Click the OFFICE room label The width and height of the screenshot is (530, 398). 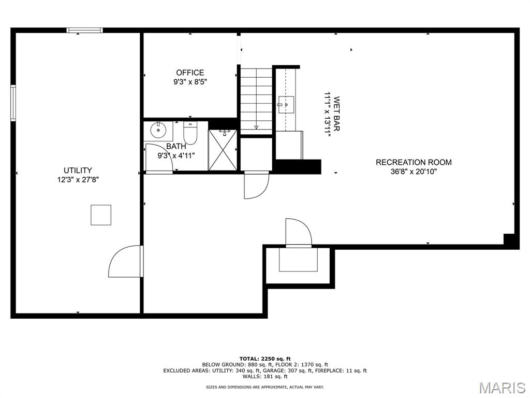click(190, 73)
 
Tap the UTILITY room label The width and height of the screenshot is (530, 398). click(78, 170)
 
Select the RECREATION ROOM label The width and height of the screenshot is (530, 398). click(414, 162)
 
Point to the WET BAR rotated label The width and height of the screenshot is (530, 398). click(336, 114)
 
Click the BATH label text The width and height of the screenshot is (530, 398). click(176, 146)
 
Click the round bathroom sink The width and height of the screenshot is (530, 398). click(158, 131)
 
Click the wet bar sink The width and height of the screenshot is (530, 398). click(286, 105)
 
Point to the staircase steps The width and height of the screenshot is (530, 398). click(256, 101)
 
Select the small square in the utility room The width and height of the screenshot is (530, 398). click(101, 215)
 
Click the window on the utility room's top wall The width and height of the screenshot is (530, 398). click(84, 30)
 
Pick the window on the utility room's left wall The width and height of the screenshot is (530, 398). click(13, 103)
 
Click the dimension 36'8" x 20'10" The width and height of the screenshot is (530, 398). click(414, 172)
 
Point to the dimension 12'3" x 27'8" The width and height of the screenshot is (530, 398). click(78, 180)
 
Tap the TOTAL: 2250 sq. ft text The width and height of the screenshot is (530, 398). click(265, 359)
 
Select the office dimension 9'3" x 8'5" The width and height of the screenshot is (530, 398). click(190, 81)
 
